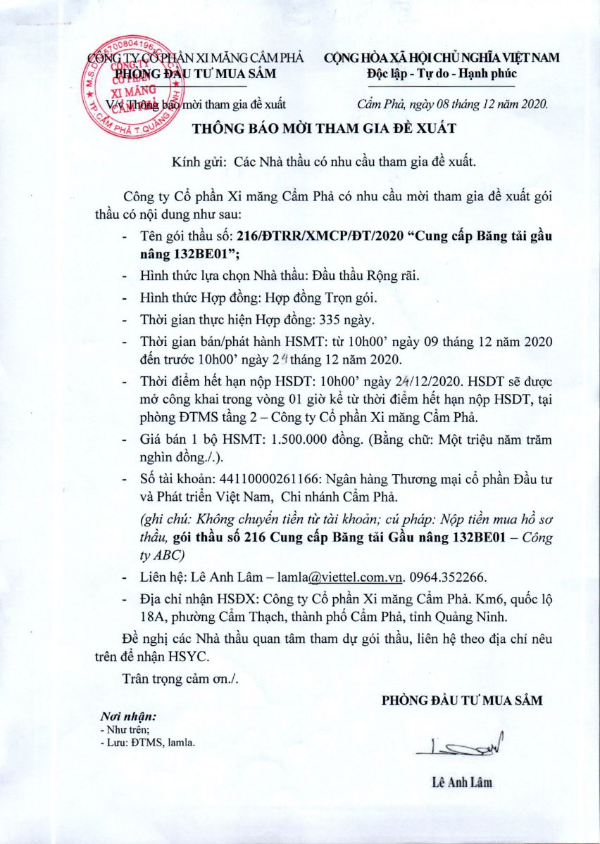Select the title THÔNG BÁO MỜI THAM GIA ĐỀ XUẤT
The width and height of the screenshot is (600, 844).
tap(326, 128)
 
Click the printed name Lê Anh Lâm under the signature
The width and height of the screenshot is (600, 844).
tap(463, 782)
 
